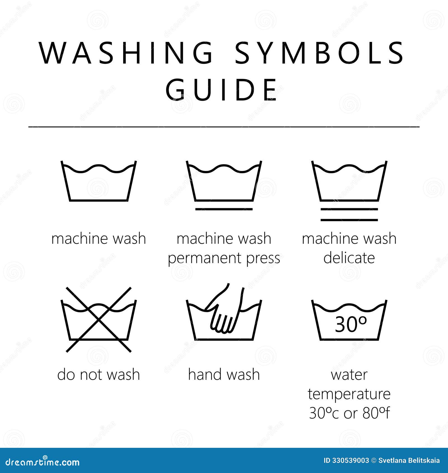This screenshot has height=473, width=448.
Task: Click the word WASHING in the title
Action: [x=126, y=53]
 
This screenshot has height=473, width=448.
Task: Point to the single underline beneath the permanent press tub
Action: [x=224, y=209]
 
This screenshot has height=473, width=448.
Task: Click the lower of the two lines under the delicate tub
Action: [x=349, y=220]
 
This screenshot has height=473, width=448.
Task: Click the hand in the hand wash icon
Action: [x=224, y=316]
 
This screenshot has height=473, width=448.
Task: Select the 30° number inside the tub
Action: [x=350, y=324]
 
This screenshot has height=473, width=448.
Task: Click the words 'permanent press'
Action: [x=224, y=258]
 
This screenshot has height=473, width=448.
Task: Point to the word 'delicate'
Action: [x=349, y=258]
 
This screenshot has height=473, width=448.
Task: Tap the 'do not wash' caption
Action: [x=99, y=374]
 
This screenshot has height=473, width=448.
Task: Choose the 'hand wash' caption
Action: [x=224, y=374]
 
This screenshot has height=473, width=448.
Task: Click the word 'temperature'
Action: [x=349, y=394]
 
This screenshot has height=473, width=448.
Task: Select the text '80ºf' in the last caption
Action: [x=376, y=413]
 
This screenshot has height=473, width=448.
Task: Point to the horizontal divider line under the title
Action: [x=224, y=127]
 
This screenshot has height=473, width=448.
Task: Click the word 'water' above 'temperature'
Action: [x=349, y=374]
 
